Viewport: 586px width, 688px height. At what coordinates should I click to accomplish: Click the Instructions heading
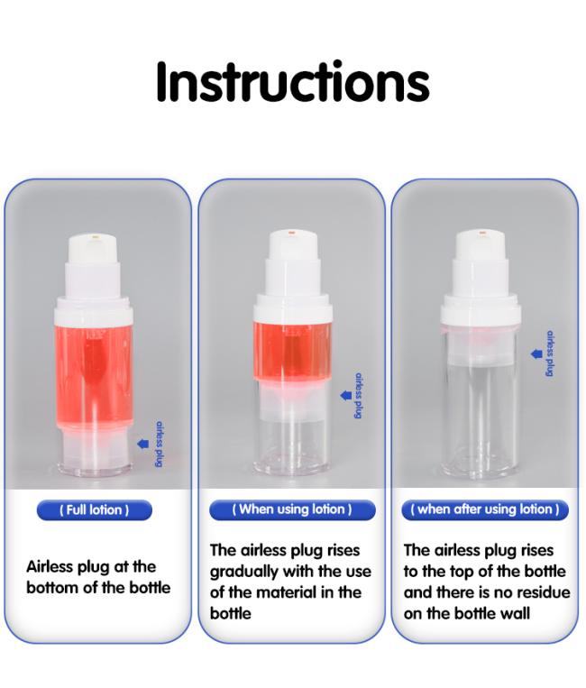pos(293,82)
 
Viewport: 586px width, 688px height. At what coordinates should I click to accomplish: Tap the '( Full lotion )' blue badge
pos(95,509)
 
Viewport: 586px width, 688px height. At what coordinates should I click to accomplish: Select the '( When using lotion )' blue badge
pos(292,509)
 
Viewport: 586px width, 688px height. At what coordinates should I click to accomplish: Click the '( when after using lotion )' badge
pos(485,509)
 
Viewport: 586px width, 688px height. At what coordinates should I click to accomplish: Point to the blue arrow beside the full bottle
pos(143,444)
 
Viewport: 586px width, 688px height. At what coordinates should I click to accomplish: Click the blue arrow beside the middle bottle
pos(346,395)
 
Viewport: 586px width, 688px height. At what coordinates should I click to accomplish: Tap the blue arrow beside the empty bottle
pos(536,353)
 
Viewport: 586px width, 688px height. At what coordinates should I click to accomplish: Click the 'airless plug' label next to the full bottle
pos(160,444)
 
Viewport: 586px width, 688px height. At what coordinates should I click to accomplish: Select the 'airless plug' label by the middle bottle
pos(358,396)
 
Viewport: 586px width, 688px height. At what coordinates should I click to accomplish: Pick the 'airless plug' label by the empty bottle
pos(550,353)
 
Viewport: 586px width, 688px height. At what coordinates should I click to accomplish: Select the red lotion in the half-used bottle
pos(293,350)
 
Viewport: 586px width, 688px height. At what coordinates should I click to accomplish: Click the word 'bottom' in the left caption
pos(52,588)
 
